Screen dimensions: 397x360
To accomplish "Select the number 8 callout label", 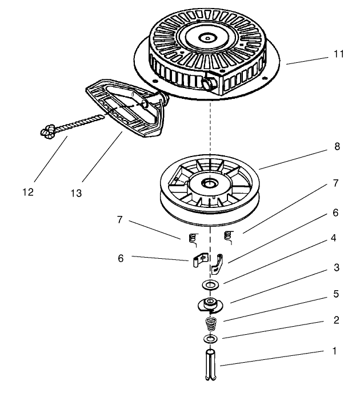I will (337, 147).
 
